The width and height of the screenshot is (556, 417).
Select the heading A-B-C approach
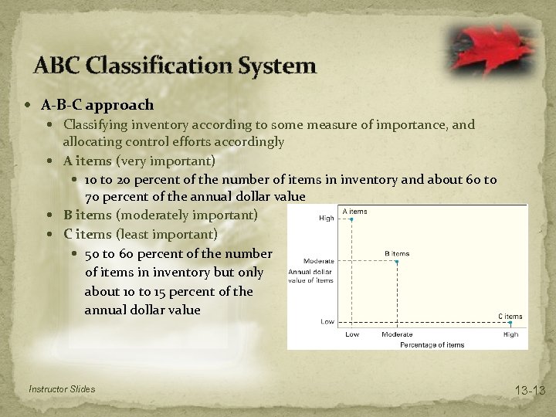click(97, 105)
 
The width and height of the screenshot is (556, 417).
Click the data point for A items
click(351, 219)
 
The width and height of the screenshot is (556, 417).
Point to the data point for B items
click(397, 262)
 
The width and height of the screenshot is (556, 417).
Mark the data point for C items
click(510, 324)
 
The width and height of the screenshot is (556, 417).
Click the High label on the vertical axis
click(327, 219)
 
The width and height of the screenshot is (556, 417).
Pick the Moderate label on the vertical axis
click(318, 262)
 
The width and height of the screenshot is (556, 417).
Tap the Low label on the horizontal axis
click(351, 334)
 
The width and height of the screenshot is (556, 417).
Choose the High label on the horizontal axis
click(510, 334)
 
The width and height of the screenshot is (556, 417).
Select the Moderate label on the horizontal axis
click(397, 334)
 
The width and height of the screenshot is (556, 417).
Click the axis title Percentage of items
click(432, 344)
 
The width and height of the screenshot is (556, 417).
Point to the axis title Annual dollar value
click(311, 276)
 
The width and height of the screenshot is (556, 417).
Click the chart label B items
click(397, 253)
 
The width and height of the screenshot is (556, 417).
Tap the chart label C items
click(510, 316)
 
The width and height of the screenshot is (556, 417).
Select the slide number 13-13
click(530, 391)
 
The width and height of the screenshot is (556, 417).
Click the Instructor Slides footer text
click(61, 389)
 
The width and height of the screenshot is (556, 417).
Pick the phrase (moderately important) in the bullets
click(186, 215)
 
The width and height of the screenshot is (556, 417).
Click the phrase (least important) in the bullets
click(166, 234)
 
